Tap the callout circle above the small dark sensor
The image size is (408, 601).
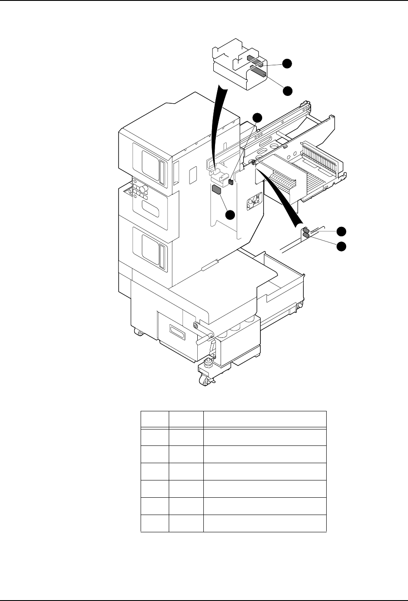click(x=257, y=118)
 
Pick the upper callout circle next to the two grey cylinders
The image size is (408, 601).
click(x=342, y=231)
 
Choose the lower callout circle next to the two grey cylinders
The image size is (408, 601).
click(x=342, y=246)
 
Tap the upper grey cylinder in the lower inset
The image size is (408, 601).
click(x=305, y=230)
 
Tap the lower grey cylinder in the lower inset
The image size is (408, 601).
click(x=306, y=235)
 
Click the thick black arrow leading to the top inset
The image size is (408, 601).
click(x=219, y=125)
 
